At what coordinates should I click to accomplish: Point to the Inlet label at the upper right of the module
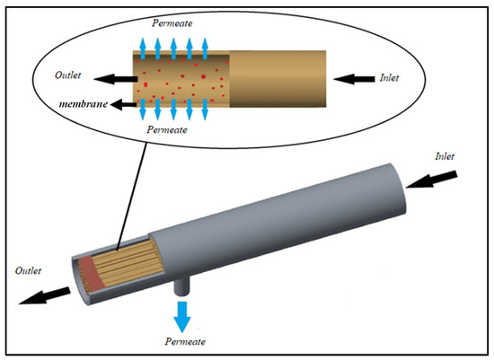tap(445, 156)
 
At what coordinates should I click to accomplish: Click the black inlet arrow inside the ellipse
tap(353, 79)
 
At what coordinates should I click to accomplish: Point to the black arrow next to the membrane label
tap(125, 104)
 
